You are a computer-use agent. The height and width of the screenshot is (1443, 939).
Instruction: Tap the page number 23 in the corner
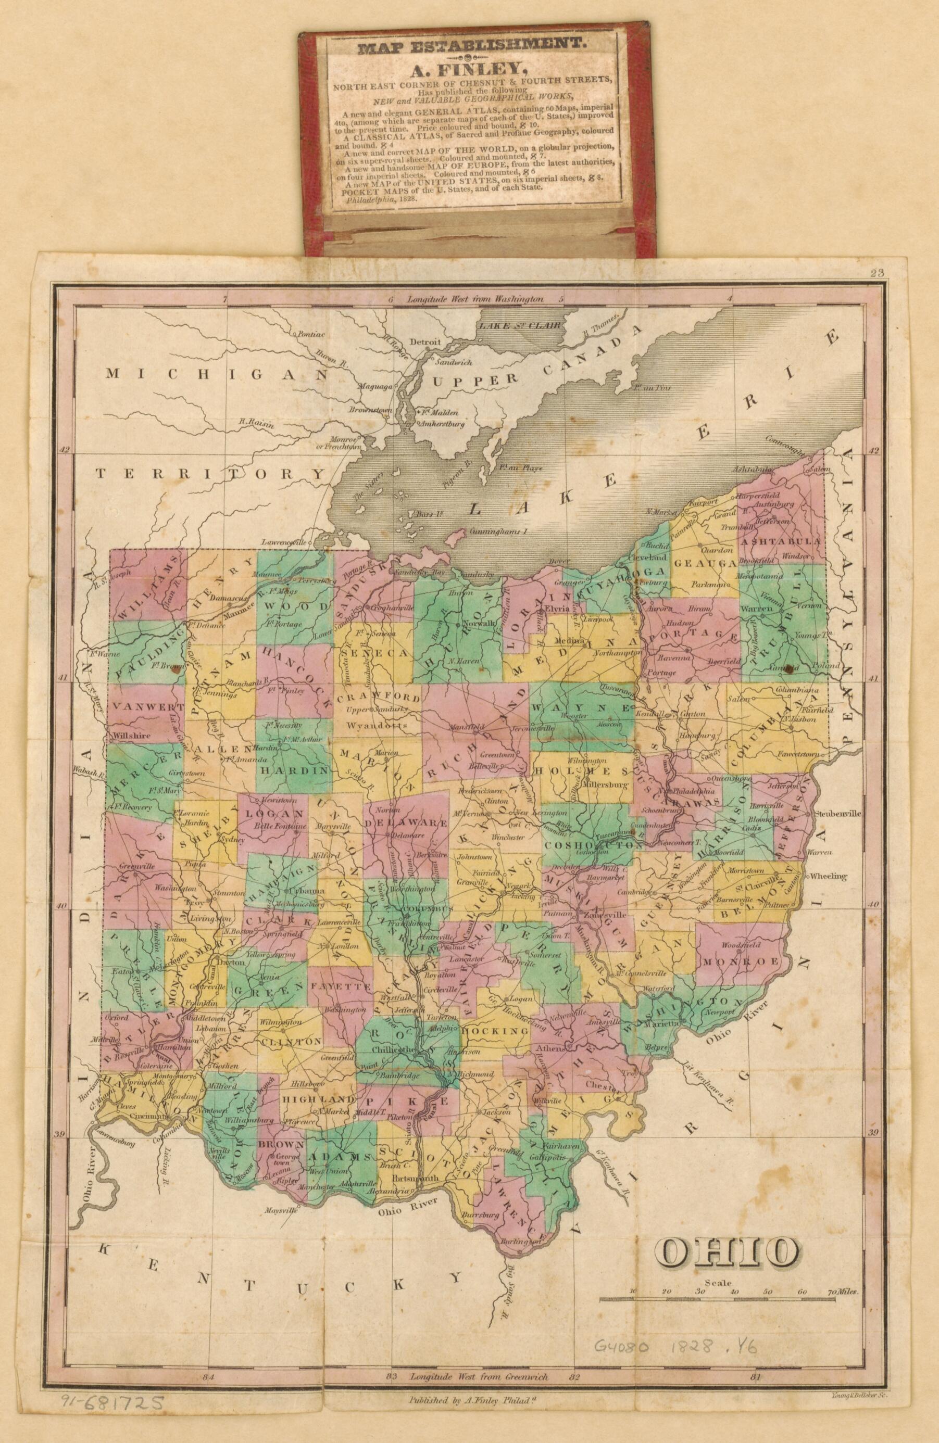click(876, 273)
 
